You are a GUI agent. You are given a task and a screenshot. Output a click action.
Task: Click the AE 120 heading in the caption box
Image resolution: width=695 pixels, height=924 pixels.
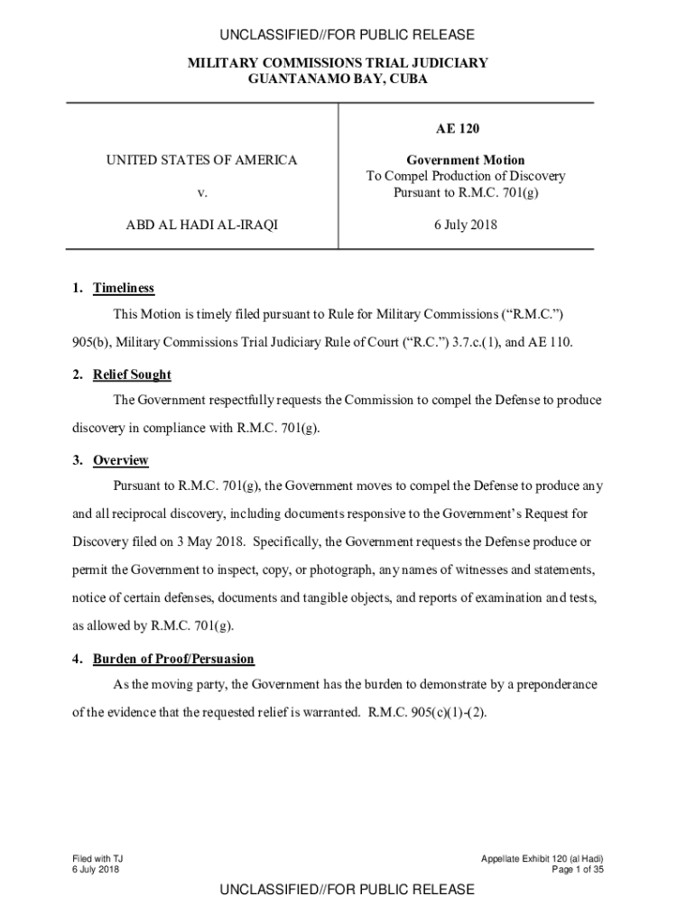(465, 129)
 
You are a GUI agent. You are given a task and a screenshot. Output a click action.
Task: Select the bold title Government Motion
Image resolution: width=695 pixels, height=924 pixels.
(465, 160)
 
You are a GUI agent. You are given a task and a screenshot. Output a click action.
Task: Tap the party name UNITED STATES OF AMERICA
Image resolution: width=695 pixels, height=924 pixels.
(201, 160)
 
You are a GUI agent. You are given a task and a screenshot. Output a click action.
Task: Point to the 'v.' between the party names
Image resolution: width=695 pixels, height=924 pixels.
(201, 193)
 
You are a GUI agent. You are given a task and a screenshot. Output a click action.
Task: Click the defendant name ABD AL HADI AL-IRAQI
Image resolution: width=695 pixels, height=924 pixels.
(201, 225)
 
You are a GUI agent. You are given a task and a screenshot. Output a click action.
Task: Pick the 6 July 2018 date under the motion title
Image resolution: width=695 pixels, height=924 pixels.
(465, 225)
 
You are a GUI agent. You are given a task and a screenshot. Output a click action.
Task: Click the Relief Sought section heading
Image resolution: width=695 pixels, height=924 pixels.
(132, 374)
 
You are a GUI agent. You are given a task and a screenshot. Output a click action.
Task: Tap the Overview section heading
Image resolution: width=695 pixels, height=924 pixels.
(121, 460)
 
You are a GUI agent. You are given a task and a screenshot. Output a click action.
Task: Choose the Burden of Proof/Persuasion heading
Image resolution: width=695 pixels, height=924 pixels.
(173, 659)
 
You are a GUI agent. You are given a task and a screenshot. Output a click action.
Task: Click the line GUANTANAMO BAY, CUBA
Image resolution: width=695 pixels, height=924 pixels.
(338, 79)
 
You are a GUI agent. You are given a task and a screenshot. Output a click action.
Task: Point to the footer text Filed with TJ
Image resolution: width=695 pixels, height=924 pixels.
(97, 857)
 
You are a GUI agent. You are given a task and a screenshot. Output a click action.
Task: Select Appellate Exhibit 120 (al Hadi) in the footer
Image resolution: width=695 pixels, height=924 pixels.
(542, 857)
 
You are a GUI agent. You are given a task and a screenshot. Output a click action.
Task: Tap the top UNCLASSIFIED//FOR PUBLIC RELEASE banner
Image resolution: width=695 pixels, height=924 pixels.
(347, 35)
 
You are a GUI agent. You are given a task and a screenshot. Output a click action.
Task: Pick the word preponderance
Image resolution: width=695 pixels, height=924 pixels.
(551, 684)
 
